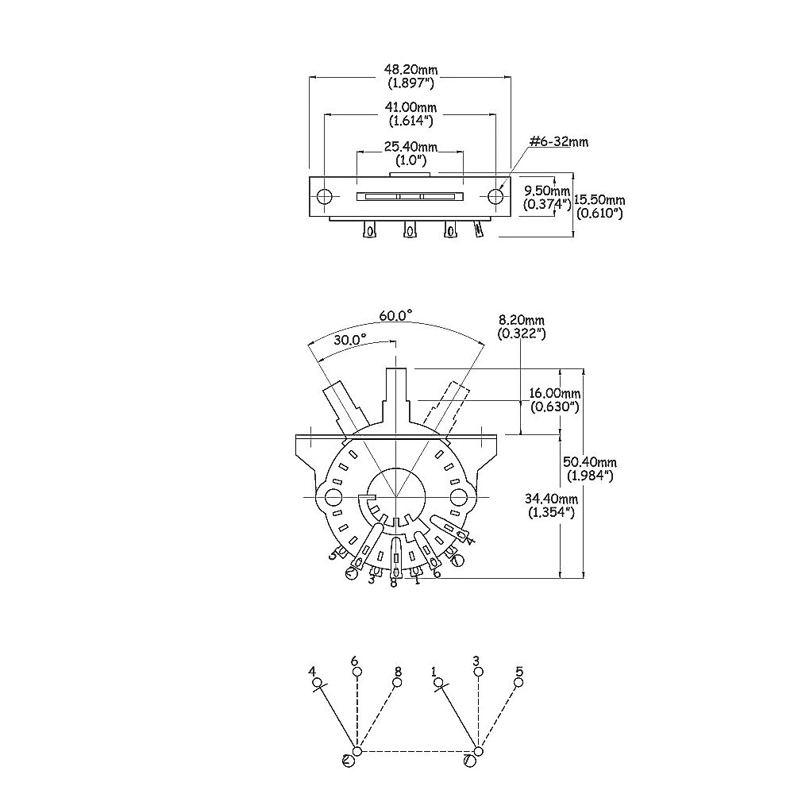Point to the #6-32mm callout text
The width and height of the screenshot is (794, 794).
tap(558, 141)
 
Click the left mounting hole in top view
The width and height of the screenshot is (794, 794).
tap(324, 196)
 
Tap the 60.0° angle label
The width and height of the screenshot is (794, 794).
tap(395, 315)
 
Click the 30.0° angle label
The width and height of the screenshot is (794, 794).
tap(350, 339)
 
